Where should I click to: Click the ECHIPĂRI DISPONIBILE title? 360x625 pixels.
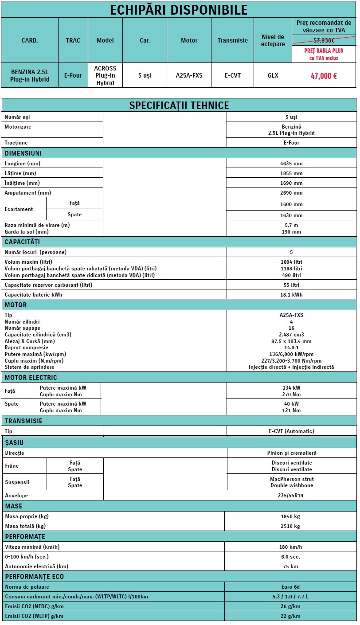(x=179, y=10)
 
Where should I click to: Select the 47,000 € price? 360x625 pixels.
(x=324, y=76)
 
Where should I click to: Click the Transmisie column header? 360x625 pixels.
(x=233, y=40)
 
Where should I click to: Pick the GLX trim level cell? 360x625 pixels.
(x=273, y=75)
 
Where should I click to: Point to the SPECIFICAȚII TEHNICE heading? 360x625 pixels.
(x=179, y=105)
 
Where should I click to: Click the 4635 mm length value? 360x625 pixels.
(x=291, y=164)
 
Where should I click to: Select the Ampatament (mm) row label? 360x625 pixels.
(x=28, y=193)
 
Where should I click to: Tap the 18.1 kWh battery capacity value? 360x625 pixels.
(x=291, y=295)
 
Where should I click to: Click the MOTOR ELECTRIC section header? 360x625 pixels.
(x=31, y=378)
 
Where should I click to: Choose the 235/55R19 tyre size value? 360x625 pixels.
(x=291, y=496)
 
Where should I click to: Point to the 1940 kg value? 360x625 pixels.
(x=291, y=516)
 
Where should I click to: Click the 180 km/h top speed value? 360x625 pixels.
(x=291, y=547)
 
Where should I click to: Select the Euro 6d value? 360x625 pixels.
(x=291, y=587)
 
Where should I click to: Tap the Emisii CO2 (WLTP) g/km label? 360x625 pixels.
(x=34, y=616)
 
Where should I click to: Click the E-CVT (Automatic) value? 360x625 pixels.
(x=291, y=431)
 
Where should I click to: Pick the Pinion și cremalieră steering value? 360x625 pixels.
(x=292, y=453)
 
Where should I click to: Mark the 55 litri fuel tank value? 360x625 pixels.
(x=291, y=285)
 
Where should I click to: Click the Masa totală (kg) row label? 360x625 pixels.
(x=25, y=526)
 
